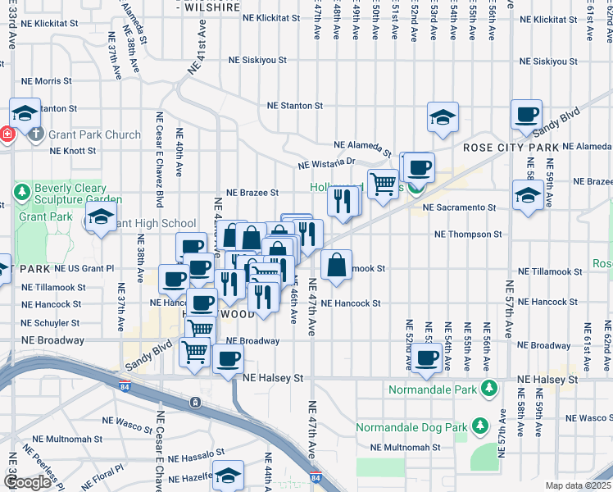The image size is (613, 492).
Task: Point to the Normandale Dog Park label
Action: point(411,427)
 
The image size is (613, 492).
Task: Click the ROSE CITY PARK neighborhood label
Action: point(511,148)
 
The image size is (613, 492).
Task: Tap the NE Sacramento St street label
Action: point(460,207)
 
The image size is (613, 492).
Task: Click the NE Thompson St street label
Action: point(467,234)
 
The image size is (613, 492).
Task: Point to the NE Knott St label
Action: point(73,151)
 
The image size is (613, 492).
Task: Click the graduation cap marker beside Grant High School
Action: point(100,218)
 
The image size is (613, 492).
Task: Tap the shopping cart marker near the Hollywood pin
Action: point(383,184)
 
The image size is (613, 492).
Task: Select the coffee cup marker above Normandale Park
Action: point(426,358)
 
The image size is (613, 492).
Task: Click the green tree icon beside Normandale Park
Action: point(490,387)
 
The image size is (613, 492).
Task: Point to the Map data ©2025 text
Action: point(578,485)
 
